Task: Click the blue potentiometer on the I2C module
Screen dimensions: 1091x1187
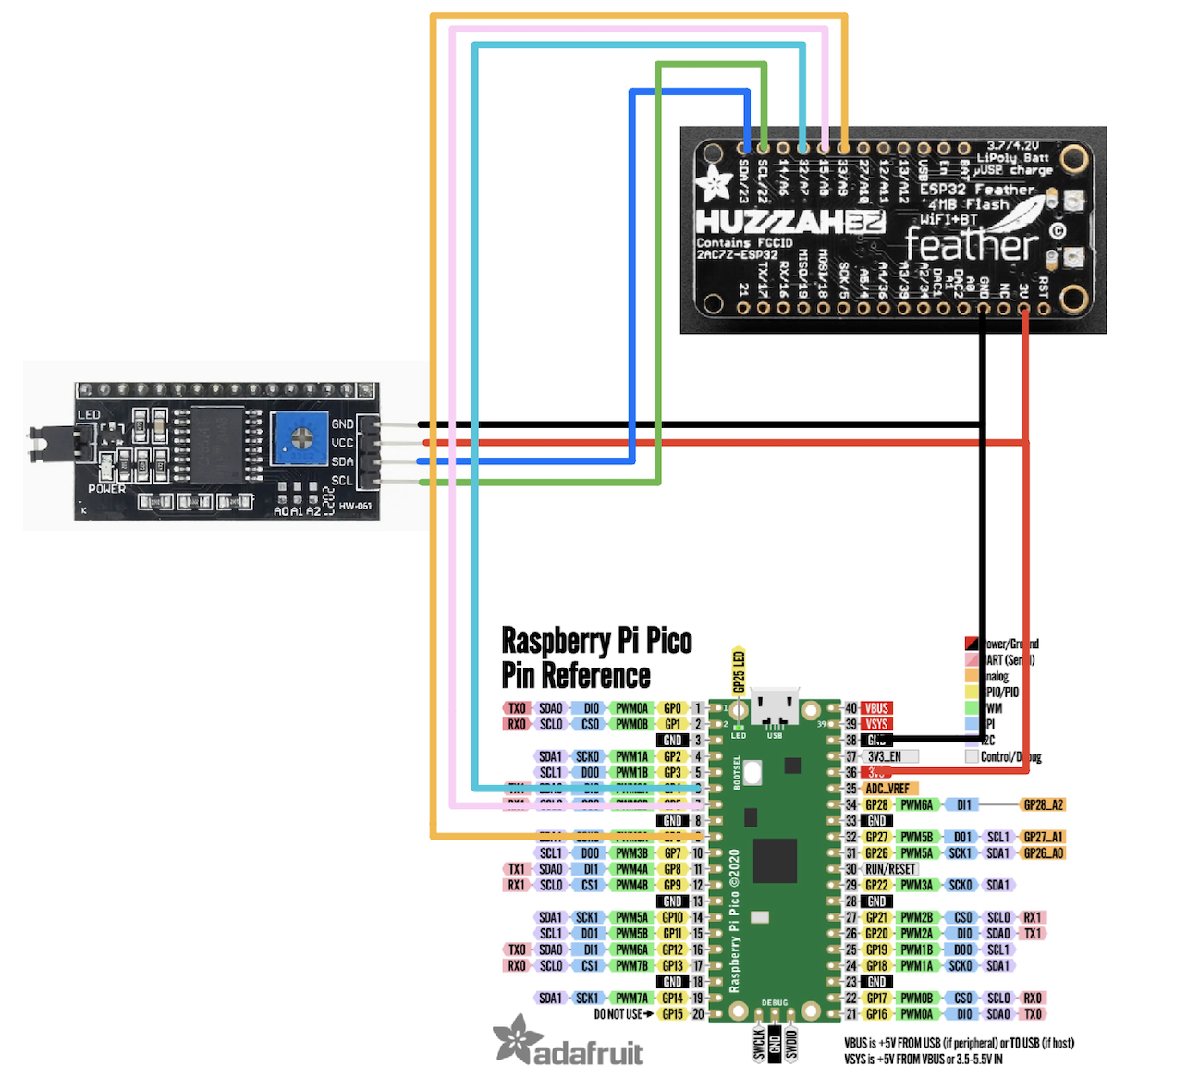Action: [x=300, y=438]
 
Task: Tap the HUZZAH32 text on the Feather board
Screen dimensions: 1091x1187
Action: [x=789, y=223]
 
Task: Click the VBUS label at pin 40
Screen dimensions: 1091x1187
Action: [x=876, y=708]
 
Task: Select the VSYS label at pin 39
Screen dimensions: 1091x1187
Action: [x=876, y=724]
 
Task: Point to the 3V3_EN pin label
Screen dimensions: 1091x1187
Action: [x=886, y=756]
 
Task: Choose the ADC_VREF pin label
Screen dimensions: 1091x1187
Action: [x=887, y=789]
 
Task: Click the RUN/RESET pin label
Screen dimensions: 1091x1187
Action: [x=889, y=869]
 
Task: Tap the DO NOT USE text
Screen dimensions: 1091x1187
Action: [x=619, y=1014]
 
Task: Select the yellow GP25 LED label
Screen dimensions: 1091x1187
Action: [x=739, y=671]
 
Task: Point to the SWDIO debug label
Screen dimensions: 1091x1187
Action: [x=791, y=1043]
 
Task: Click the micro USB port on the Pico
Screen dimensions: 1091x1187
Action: [x=775, y=707]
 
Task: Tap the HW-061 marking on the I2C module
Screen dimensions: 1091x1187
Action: [x=355, y=506]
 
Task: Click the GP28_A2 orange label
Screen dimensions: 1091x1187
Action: [x=1043, y=805]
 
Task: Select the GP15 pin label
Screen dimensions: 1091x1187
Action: [x=673, y=1014]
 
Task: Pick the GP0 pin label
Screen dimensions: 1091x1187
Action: [x=673, y=708]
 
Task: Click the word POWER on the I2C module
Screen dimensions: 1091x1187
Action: [x=106, y=488]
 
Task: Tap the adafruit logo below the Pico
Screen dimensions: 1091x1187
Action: [x=569, y=1043]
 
